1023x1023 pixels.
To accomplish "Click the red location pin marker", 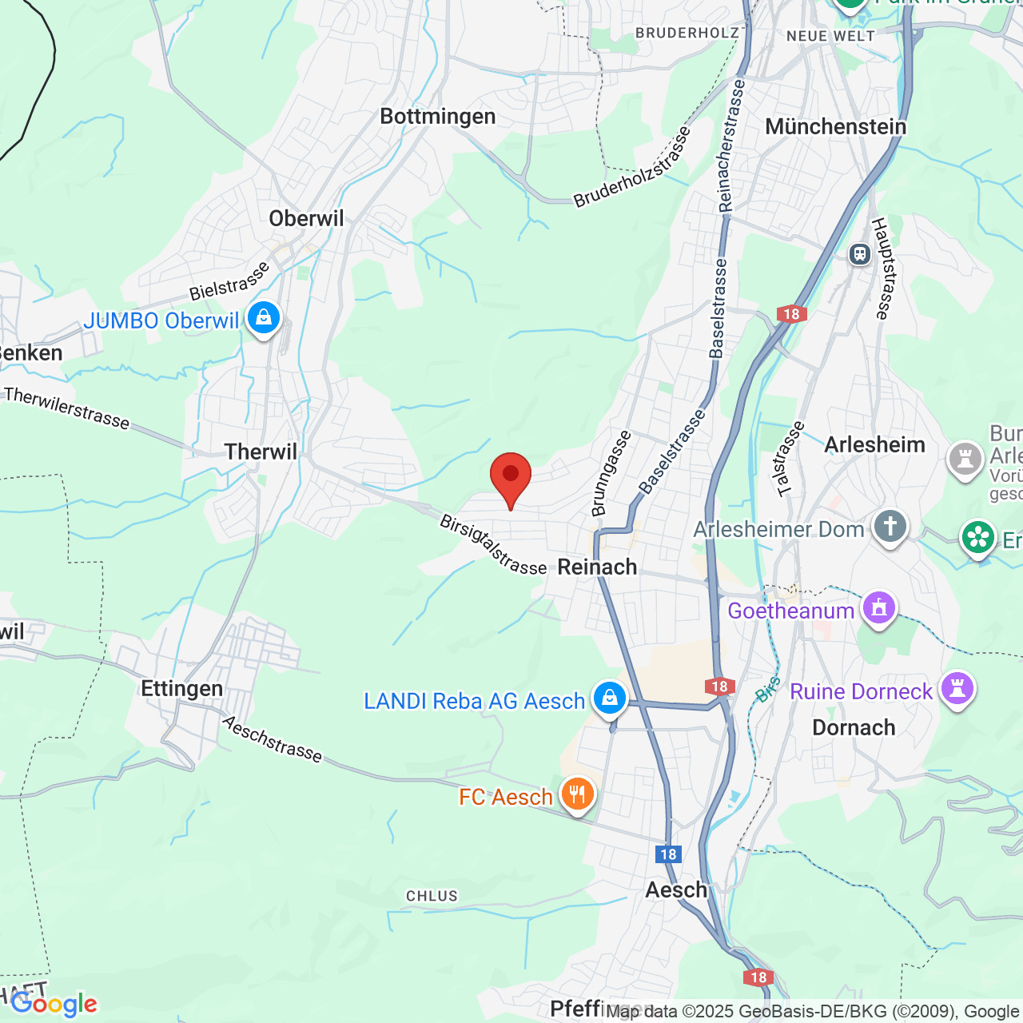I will (x=510, y=477).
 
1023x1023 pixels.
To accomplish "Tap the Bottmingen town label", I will (x=437, y=117).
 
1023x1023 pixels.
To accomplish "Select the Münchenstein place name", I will (x=835, y=127).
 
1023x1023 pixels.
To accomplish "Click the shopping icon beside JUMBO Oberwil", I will (x=263, y=318).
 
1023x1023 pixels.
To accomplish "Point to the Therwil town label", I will (x=261, y=452).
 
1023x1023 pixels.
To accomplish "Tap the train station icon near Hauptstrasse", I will (x=859, y=254).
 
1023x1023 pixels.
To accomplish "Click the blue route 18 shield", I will (x=668, y=854).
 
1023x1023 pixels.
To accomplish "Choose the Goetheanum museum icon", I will (x=879, y=608).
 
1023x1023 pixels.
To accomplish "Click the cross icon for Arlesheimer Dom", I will (x=889, y=526).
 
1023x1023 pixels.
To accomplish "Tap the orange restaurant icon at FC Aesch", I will (x=576, y=794).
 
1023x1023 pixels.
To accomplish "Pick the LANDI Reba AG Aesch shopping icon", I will (x=610, y=698).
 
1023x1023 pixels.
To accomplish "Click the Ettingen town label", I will (x=181, y=689).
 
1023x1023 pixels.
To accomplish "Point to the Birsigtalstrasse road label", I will (x=492, y=545).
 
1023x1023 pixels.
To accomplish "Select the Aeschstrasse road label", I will (x=272, y=739).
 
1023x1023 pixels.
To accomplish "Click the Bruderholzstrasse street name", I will (x=632, y=169).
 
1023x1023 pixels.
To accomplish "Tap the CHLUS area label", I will (x=432, y=896).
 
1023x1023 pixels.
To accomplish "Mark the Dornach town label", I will (x=854, y=728).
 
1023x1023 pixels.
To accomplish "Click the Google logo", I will (x=54, y=1004).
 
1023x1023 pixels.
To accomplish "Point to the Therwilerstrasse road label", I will (x=66, y=408).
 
